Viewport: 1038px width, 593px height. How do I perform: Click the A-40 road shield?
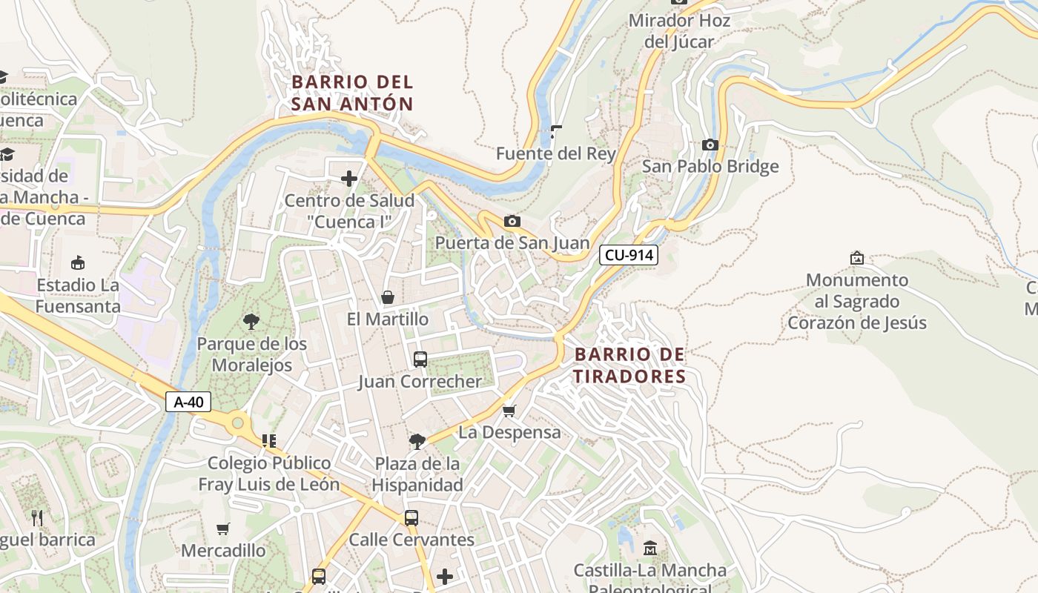coord(188,402)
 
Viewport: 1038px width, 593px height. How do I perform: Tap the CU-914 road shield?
coord(629,255)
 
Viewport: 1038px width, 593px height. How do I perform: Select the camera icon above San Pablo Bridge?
coord(710,145)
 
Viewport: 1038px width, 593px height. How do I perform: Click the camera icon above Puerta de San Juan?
coord(512,221)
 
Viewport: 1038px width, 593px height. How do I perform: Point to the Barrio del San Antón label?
coord(352,93)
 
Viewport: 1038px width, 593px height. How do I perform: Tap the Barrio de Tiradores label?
coord(629,365)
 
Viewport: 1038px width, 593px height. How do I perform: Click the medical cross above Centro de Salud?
coord(349,179)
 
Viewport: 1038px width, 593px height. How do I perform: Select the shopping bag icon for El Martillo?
coord(387,297)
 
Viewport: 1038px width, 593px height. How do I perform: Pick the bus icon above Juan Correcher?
coord(420,360)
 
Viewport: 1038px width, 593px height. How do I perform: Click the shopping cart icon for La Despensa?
coord(509,410)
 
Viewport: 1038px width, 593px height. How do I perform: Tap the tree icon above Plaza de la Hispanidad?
coord(417,442)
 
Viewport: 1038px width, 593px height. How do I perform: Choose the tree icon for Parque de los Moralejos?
coord(251,322)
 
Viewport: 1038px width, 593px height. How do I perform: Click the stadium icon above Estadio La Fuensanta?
coord(77,263)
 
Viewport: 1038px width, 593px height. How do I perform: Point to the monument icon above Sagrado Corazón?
coord(857,258)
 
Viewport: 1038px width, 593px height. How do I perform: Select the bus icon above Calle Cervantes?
coord(411,518)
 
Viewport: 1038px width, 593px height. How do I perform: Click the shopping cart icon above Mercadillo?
coord(222,529)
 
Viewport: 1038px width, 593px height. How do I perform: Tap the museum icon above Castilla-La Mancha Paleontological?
coord(650,549)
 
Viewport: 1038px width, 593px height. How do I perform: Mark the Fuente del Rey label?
coord(556,153)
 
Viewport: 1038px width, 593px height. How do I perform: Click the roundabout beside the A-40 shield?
coord(237,423)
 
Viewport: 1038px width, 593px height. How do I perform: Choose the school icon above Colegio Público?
coord(268,441)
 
